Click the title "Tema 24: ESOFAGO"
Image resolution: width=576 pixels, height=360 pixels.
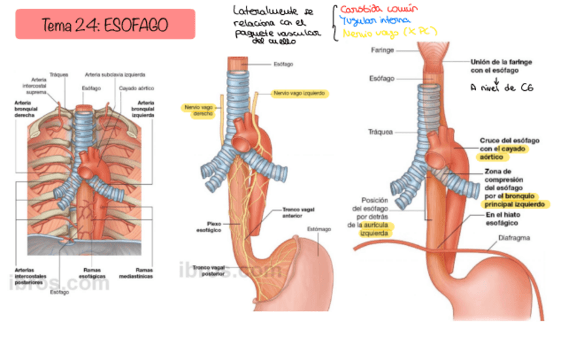click(x=105, y=24)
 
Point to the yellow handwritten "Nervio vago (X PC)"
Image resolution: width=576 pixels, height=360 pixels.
click(x=388, y=33)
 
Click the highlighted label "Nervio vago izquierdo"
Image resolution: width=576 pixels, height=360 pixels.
click(x=299, y=92)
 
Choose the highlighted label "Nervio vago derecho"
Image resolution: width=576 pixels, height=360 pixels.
click(x=198, y=110)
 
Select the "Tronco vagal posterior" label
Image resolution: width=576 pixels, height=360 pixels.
click(x=209, y=270)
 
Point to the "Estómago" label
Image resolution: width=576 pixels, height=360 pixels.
click(x=319, y=229)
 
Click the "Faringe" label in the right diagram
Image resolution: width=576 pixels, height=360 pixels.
click(x=382, y=50)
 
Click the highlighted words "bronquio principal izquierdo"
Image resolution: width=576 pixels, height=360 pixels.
click(x=515, y=199)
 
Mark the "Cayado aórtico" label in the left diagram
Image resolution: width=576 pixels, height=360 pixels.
click(x=132, y=88)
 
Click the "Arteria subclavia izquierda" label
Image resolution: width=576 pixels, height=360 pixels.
click(x=112, y=75)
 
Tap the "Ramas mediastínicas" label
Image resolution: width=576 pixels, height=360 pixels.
click(x=143, y=273)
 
